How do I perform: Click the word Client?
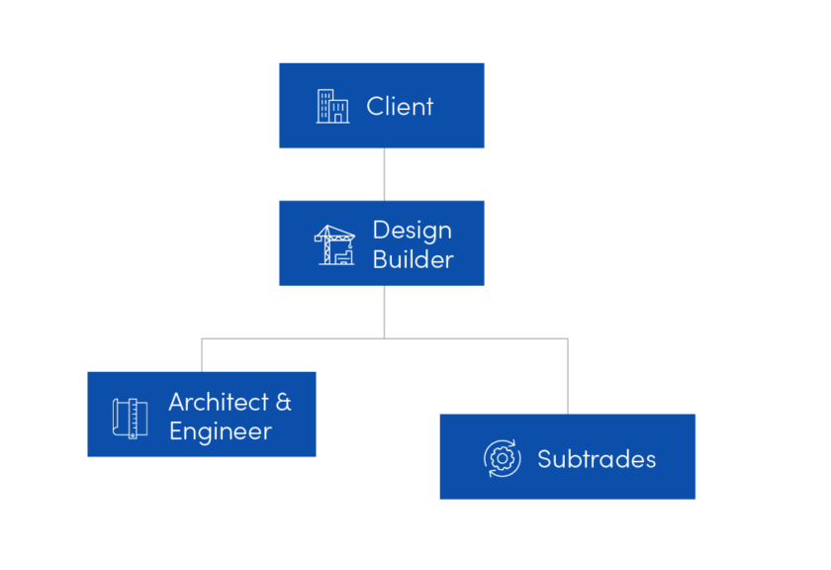[400, 107]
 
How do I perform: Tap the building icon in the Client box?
[332, 107]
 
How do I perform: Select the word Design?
[412, 230]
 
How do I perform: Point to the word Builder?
[413, 259]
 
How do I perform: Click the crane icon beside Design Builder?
[334, 244]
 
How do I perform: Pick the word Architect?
[219, 402]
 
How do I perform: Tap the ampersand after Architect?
[283, 402]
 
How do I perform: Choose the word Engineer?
[220, 431]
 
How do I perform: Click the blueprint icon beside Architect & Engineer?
[130, 417]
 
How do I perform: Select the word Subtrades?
[597, 459]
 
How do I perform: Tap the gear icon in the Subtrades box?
[502, 458]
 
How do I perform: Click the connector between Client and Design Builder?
[384, 174]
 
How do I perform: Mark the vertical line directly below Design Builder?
[384, 311]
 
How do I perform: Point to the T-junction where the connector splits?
[384, 338]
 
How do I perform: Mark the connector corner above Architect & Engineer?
[202, 338]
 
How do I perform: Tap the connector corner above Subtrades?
[567, 338]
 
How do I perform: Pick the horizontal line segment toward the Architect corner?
[293, 338]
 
